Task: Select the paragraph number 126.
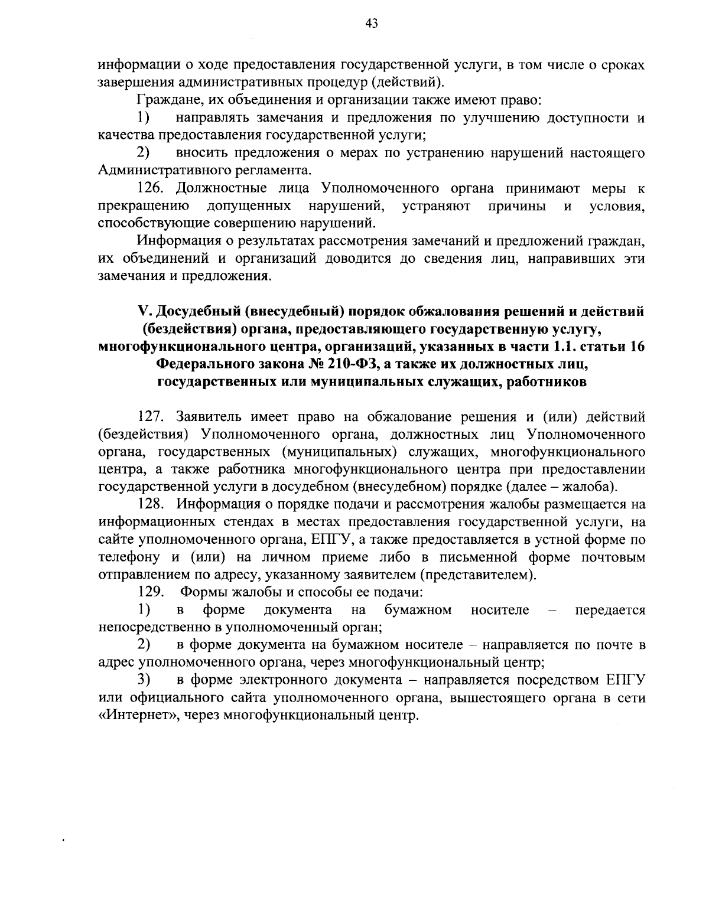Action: (x=149, y=189)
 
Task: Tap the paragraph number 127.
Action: (x=150, y=417)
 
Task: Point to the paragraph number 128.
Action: (x=149, y=504)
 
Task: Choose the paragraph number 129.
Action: (x=149, y=592)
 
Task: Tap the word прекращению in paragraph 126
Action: (x=144, y=207)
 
